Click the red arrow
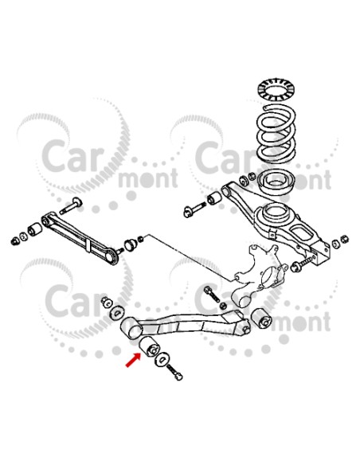[133, 360]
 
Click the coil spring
[276, 134]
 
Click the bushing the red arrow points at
[149, 346]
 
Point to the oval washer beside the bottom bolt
[162, 360]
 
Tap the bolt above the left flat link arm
[71, 205]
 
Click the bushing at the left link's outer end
[35, 229]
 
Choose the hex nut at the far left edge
[14, 240]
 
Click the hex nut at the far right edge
[344, 239]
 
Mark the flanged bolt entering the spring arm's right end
[301, 264]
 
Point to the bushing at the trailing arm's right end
[261, 318]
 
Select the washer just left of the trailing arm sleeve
[118, 312]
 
